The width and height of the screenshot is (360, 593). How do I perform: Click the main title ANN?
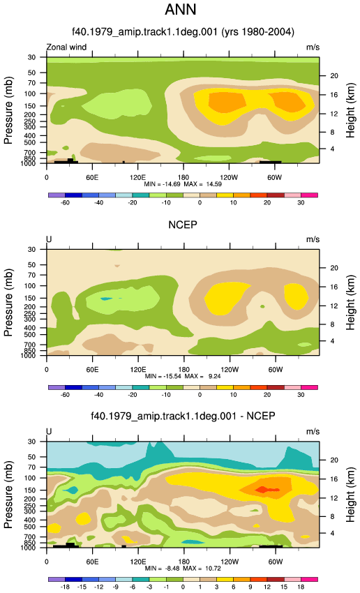[x=181, y=10]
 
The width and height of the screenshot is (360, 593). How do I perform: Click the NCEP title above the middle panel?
[x=183, y=225]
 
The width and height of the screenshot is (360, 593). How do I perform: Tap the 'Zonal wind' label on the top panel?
[x=66, y=47]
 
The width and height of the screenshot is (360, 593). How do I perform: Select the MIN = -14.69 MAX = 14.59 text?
[x=183, y=184]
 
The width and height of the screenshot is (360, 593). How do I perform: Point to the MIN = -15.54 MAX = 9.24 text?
[x=183, y=376]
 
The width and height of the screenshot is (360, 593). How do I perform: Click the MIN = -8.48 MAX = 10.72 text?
[x=183, y=569]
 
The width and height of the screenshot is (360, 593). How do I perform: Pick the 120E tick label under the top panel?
[x=137, y=177]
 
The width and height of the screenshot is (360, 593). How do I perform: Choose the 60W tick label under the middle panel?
[x=276, y=370]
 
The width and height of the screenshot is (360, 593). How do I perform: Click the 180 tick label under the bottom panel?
[x=183, y=562]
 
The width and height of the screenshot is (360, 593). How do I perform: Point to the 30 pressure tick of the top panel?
[x=31, y=57]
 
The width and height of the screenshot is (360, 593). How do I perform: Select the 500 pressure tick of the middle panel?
[x=31, y=335]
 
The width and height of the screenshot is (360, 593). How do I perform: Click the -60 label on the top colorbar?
[x=65, y=203]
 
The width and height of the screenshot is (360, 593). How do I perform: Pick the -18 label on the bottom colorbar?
[x=65, y=587]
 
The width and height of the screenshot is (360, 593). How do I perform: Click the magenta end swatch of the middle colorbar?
[x=309, y=387]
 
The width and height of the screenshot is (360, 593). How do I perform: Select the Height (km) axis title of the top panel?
[x=350, y=110]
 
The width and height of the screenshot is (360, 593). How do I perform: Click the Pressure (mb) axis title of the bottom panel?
[x=8, y=495]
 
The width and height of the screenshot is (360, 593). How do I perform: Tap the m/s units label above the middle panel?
[x=313, y=239]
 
